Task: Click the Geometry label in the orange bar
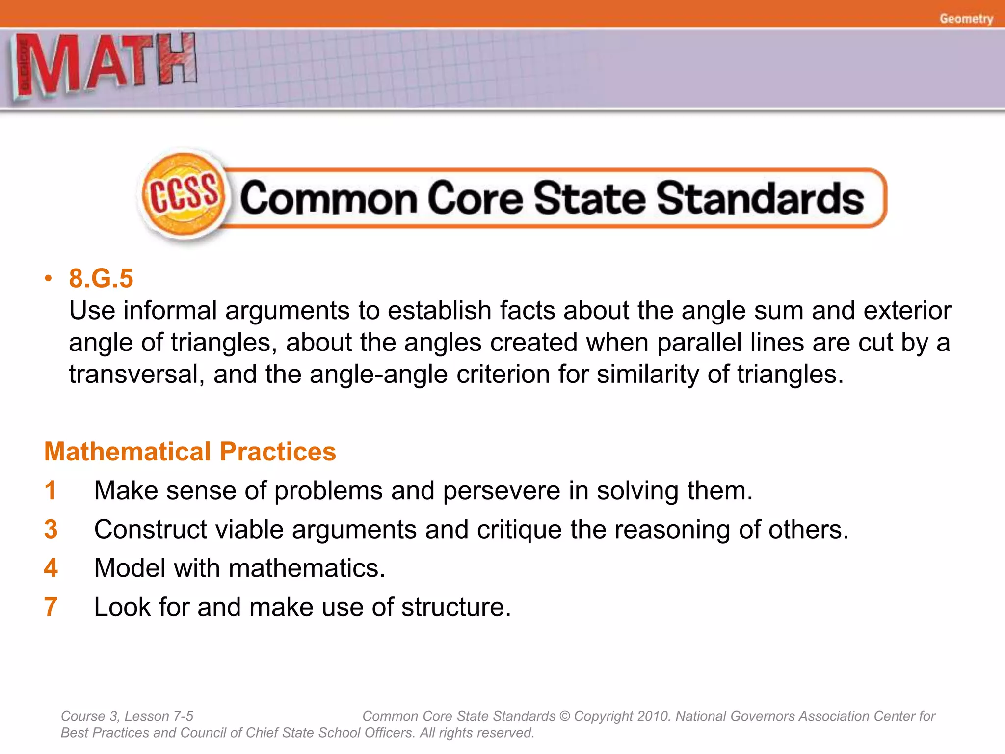pyautogui.click(x=966, y=19)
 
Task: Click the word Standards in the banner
pyautogui.click(x=760, y=199)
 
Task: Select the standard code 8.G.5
pyautogui.click(x=101, y=278)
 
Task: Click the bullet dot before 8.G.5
pyautogui.click(x=48, y=279)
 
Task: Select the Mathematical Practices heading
pyautogui.click(x=190, y=452)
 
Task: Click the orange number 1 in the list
pyautogui.click(x=51, y=490)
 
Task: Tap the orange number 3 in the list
pyautogui.click(x=51, y=529)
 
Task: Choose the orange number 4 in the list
pyautogui.click(x=51, y=568)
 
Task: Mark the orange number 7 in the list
pyautogui.click(x=51, y=607)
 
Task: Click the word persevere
pyautogui.click(x=501, y=491)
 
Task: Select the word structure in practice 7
pyautogui.click(x=456, y=607)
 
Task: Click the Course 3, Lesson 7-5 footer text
pyautogui.click(x=127, y=716)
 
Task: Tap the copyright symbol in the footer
pyautogui.click(x=565, y=716)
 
